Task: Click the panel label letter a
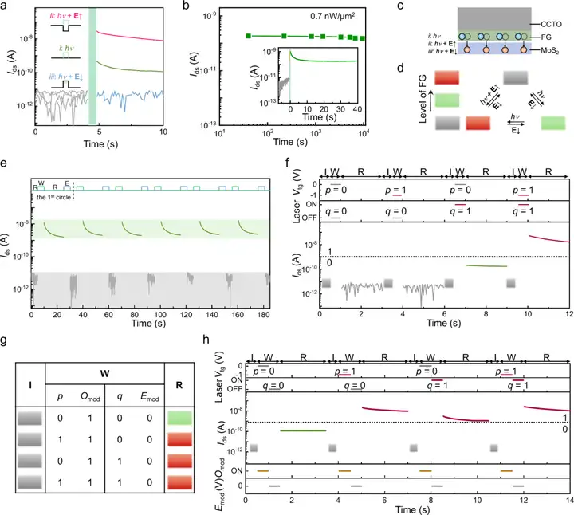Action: point(6,6)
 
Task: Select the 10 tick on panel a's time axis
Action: point(163,134)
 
